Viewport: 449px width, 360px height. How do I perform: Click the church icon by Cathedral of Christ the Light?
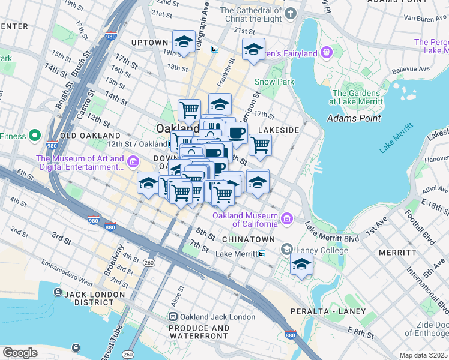[291, 13]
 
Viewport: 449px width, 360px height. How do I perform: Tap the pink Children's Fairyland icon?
[326, 52]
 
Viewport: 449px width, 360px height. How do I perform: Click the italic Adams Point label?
[354, 118]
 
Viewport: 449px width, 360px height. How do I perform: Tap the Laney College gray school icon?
[287, 249]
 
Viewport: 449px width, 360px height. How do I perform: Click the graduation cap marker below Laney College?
[301, 264]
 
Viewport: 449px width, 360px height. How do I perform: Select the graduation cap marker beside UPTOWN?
[184, 41]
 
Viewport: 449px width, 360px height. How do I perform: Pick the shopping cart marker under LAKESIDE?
[259, 145]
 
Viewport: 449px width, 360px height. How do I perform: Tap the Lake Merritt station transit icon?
[262, 254]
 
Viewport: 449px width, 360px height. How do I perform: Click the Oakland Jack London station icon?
[173, 316]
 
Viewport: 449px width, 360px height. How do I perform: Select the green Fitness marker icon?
[35, 136]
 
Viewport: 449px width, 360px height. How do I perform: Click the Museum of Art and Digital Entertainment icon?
[133, 161]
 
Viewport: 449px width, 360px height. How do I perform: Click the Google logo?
[20, 353]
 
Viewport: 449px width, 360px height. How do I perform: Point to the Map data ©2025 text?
[423, 355]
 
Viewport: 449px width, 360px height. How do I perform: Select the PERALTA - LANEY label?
[327, 311]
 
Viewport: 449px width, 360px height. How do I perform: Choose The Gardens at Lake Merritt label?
[356, 97]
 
